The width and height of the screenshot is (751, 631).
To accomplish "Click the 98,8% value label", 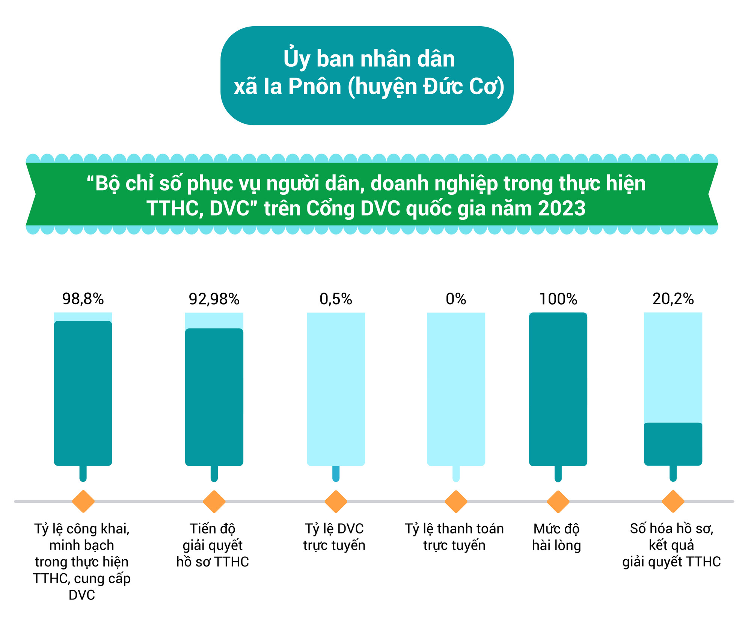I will (83, 299).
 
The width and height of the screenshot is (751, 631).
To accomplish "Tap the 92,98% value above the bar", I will (214, 299).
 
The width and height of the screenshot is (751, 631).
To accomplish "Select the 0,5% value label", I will (336, 299).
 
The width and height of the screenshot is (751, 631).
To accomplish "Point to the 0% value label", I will (456, 299).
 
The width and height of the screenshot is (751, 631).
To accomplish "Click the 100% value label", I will (558, 299).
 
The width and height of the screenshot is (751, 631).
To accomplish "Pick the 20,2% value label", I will (673, 299).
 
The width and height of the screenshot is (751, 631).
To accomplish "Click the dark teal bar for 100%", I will (558, 389).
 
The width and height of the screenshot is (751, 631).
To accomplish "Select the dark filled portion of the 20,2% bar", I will (673, 444).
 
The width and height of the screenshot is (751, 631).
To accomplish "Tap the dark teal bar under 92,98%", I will (214, 397).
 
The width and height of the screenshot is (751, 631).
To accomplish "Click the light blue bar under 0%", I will (456, 389).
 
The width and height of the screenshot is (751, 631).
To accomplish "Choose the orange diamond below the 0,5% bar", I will (336, 501).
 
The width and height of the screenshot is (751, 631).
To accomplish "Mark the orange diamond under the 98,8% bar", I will (83, 501).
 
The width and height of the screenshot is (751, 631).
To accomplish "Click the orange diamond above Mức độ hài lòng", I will (558, 501).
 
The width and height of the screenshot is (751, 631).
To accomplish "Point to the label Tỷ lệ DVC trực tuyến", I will (334, 537).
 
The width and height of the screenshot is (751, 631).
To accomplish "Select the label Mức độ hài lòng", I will (556, 537).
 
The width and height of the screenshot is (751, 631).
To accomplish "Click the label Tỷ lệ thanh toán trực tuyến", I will (454, 537).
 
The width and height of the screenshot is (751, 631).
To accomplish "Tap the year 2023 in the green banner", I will (561, 209).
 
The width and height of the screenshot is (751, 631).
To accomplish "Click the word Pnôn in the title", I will (315, 87).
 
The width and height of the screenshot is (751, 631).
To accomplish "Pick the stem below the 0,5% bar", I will (336, 473).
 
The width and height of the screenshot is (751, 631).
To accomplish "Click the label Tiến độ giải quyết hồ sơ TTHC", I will (213, 545).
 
